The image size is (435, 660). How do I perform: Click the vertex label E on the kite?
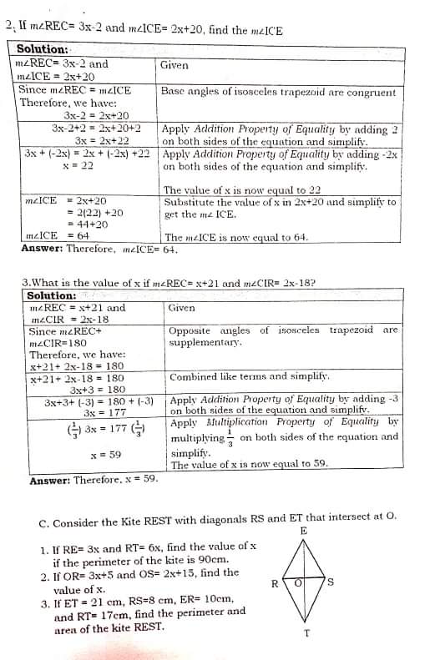(302, 532)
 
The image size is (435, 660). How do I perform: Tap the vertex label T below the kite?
(306, 632)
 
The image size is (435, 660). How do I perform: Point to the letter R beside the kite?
(274, 583)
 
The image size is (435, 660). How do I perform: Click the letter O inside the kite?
(296, 583)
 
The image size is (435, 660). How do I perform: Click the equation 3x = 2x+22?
(99, 141)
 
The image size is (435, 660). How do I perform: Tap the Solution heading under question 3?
(52, 295)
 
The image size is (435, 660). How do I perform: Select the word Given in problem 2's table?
(175, 64)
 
